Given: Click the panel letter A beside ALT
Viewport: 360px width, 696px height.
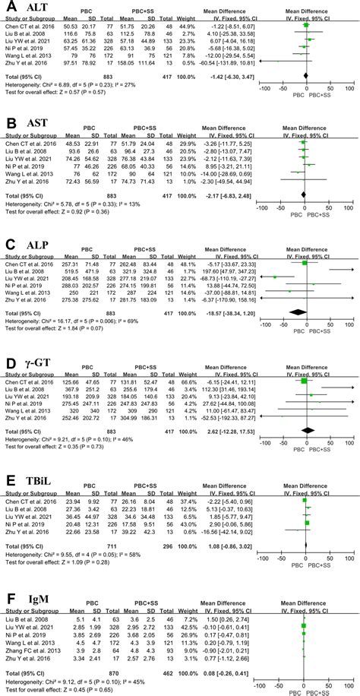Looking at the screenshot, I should tap(11, 8).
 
